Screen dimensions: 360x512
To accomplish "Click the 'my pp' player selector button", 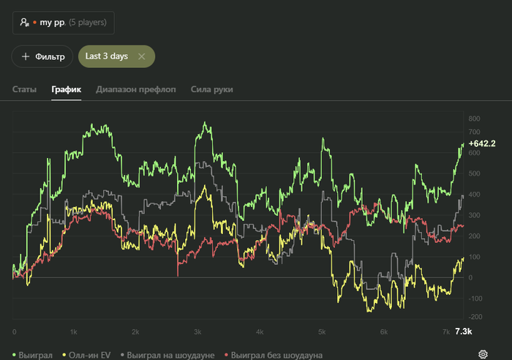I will [63, 23].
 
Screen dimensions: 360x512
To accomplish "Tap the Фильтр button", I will [42, 56].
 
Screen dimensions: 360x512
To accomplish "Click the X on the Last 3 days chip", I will [142, 56].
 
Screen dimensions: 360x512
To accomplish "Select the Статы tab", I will [24, 89].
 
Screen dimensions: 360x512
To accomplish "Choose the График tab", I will [66, 89].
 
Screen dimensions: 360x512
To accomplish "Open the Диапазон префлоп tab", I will [136, 89].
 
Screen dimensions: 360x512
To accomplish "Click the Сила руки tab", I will [211, 89].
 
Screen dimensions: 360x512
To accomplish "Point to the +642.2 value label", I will [482, 143].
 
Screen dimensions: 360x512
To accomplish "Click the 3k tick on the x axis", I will [197, 332].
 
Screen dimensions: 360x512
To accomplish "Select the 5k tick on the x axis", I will [321, 332].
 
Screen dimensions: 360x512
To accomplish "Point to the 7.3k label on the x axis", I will [463, 331].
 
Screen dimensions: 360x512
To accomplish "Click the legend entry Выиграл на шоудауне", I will [170, 355].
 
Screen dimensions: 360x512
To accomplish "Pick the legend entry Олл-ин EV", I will [89, 355].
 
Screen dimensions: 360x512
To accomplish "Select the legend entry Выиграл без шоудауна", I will [276, 355].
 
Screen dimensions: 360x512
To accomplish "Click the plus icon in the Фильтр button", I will [26, 56].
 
